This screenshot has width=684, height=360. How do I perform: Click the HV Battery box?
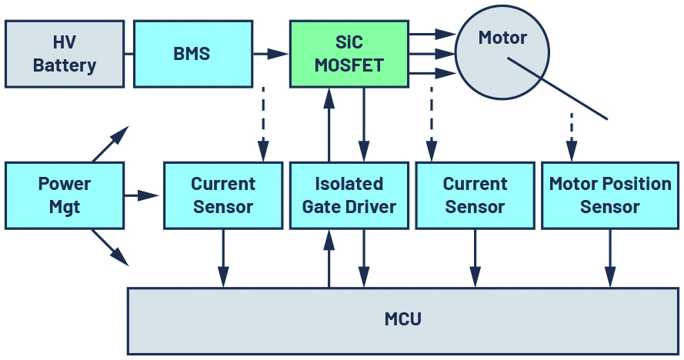click(64, 54)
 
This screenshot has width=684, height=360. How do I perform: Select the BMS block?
click(192, 54)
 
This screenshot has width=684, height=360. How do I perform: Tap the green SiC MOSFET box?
click(349, 54)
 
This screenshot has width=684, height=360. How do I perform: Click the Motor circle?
click(502, 52)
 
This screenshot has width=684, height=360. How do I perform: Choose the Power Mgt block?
click(64, 195)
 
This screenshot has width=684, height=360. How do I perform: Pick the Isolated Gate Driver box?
click(349, 195)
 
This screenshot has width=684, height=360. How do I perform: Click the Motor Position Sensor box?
click(610, 195)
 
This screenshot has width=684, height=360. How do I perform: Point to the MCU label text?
click(402, 318)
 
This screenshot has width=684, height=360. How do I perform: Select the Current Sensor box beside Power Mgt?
click(222, 195)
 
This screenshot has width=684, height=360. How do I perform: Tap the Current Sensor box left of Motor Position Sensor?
click(475, 195)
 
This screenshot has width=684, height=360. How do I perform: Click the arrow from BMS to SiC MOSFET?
click(270, 54)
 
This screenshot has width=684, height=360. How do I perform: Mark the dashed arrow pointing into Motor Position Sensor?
click(572, 135)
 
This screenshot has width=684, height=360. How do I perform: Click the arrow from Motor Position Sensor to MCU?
click(610, 258)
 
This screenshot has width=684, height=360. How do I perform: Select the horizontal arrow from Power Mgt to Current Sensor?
click(142, 195)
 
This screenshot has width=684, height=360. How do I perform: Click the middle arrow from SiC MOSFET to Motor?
click(432, 54)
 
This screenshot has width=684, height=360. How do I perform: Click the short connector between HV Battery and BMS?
click(128, 54)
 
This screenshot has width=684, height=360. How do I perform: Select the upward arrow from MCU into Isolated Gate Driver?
click(329, 258)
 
